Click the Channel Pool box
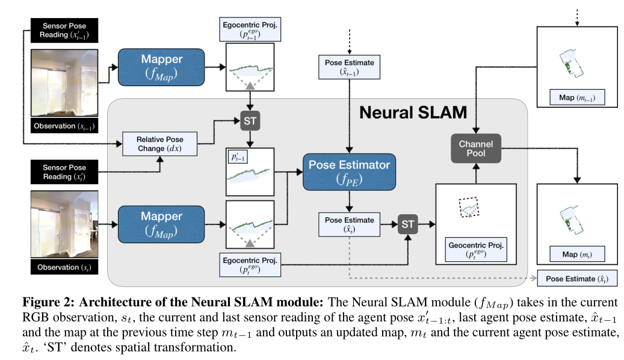coord(475,149)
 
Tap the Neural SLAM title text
coord(413,113)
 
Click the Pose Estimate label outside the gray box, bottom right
coord(576,279)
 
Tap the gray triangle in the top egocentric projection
coord(249,87)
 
